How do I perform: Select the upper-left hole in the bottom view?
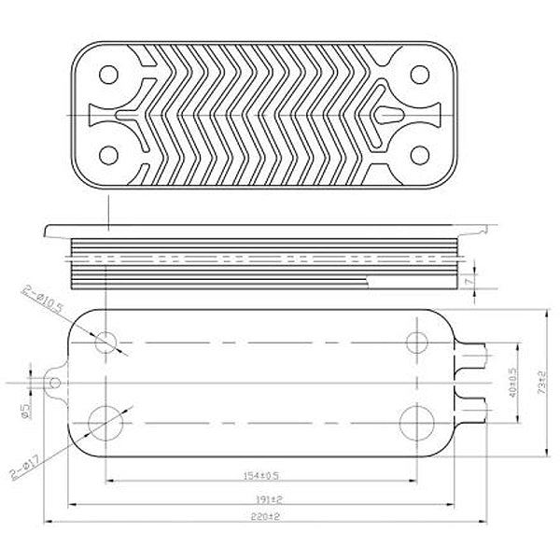point(108,342)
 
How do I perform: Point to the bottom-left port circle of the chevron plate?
point(109,155)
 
